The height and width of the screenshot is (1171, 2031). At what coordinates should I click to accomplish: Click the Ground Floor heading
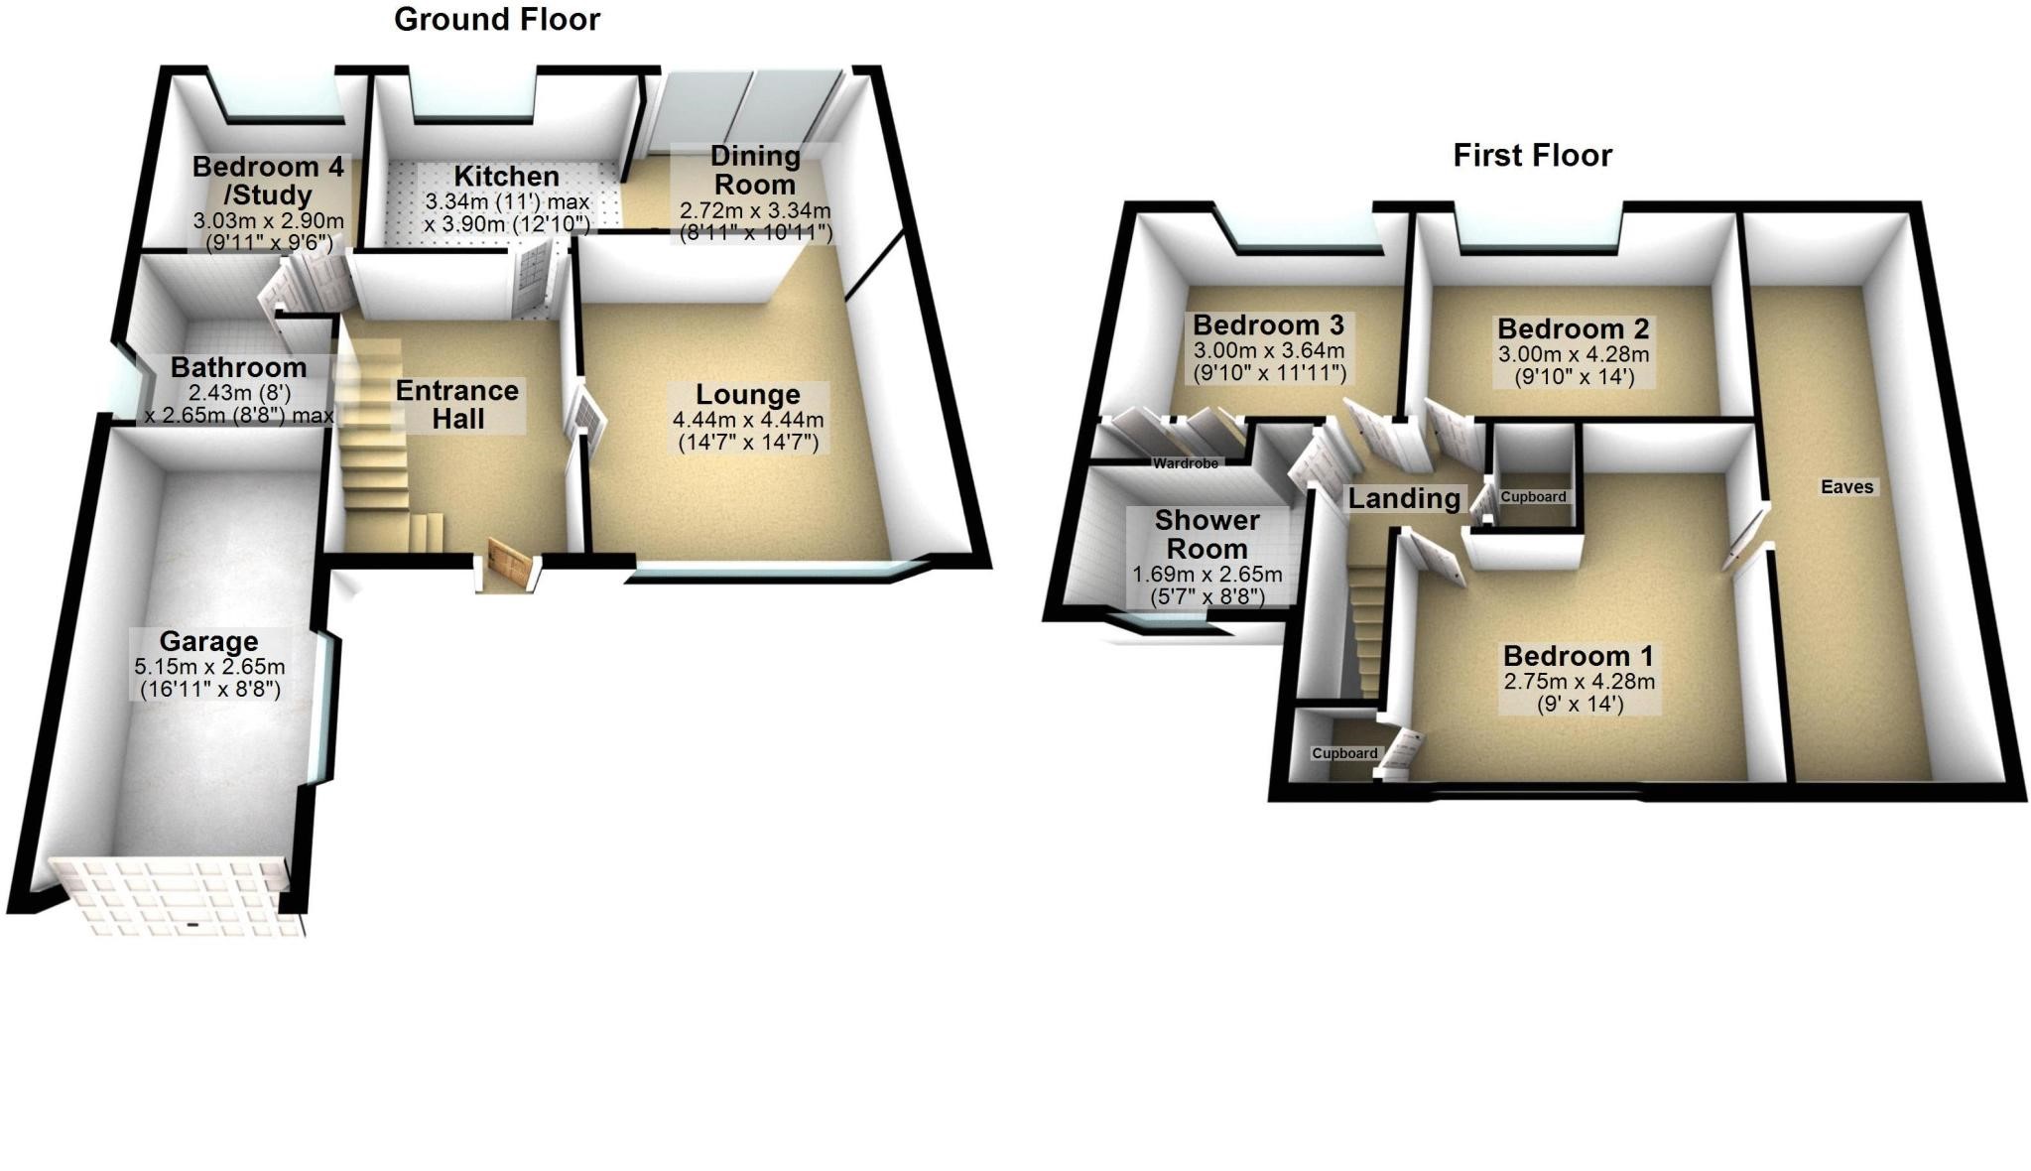point(496,20)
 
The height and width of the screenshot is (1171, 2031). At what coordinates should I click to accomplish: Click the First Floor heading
point(1532,156)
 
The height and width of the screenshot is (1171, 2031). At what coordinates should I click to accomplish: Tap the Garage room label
point(208,641)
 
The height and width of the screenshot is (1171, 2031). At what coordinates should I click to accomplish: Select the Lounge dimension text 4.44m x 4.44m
point(748,420)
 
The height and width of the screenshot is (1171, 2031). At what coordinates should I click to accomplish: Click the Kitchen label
point(506,177)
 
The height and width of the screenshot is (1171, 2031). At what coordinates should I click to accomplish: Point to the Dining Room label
point(755,170)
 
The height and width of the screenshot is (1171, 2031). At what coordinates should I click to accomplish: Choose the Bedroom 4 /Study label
point(268,181)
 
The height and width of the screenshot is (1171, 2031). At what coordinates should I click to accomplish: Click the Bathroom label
point(238,367)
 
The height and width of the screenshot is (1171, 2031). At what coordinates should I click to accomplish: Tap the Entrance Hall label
point(456,404)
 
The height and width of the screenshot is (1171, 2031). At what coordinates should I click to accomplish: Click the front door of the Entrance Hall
point(508,567)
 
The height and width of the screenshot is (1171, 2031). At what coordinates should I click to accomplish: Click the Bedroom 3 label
point(1268,325)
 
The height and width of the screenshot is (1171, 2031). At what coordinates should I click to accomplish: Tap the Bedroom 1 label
point(1578,656)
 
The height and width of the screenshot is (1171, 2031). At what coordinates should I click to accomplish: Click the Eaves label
point(1846,486)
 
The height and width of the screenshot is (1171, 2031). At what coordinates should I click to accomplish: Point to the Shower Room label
point(1206,534)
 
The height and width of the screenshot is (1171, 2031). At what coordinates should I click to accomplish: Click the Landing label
point(1403,498)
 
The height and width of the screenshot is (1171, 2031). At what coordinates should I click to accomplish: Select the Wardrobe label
point(1185,463)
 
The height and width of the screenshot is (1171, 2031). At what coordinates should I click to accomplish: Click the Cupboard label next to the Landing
point(1533,497)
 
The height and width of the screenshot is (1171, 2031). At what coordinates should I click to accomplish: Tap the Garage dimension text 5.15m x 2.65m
point(209,667)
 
